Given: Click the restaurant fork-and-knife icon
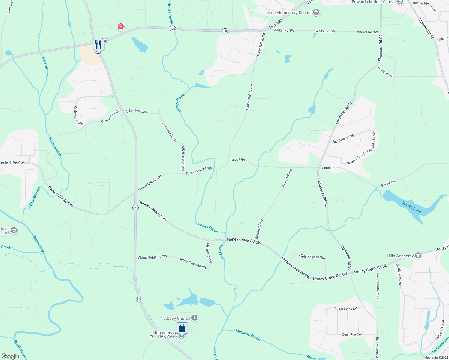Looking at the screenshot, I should click(98, 45).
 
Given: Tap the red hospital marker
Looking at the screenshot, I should click(121, 27).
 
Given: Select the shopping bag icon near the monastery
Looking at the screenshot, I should click(182, 328).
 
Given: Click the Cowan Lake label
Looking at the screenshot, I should click(411, 207).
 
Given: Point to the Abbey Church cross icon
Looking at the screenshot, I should click(194, 318).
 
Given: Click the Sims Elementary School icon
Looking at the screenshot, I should click(316, 13).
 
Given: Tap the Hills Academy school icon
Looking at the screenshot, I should click(418, 256).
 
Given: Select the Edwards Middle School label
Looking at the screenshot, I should click(373, 2).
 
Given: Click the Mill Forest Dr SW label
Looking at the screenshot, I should click(183, 159).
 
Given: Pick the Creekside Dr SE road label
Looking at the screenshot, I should click(169, 131).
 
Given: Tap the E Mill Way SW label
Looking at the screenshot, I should click(137, 111).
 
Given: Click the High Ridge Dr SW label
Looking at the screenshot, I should click(312, 257).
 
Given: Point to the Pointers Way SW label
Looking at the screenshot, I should click(345, 309).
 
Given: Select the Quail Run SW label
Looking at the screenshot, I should click(352, 334).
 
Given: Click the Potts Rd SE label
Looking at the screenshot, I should click(385, 72).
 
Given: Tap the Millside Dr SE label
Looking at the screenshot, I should click(209, 253).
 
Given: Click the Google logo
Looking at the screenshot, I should click(10, 356).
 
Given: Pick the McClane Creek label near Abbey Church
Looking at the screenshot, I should click(248, 335).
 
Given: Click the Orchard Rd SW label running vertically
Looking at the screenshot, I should click(78, 115).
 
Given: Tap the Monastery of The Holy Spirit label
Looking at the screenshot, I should click(164, 335).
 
